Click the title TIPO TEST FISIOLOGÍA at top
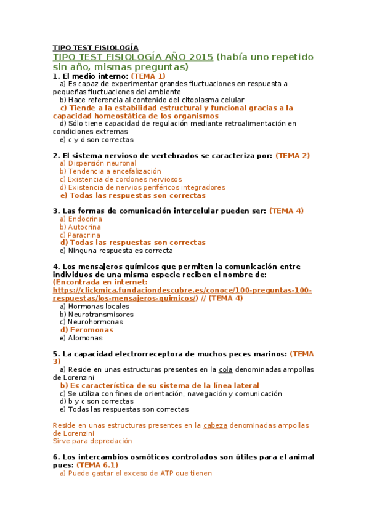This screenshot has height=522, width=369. click(x=95, y=47)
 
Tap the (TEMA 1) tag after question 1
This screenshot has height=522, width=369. click(x=148, y=76)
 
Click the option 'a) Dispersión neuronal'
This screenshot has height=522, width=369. click(x=98, y=163)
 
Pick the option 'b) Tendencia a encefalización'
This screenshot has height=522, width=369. click(x=110, y=171)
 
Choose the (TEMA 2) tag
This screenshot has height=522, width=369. click(x=293, y=156)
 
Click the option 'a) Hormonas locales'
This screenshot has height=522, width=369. click(x=94, y=306)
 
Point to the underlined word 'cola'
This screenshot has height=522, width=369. click(x=225, y=370)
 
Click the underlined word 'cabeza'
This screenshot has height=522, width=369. click(x=215, y=425)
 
